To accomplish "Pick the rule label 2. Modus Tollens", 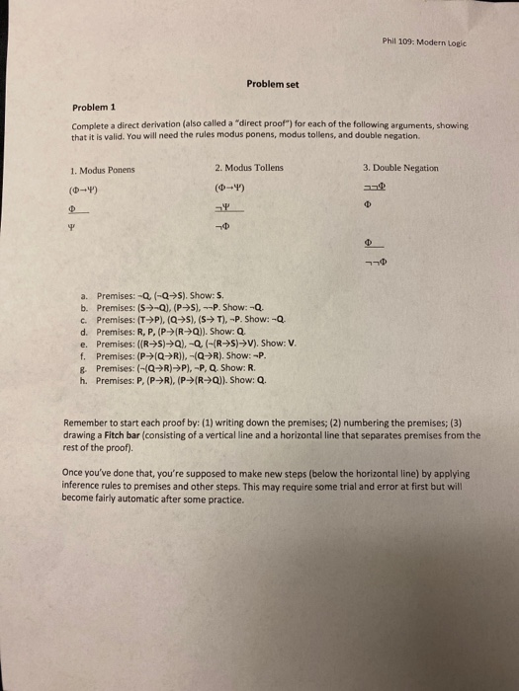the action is coord(248,168).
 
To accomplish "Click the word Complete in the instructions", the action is coord(90,125).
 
